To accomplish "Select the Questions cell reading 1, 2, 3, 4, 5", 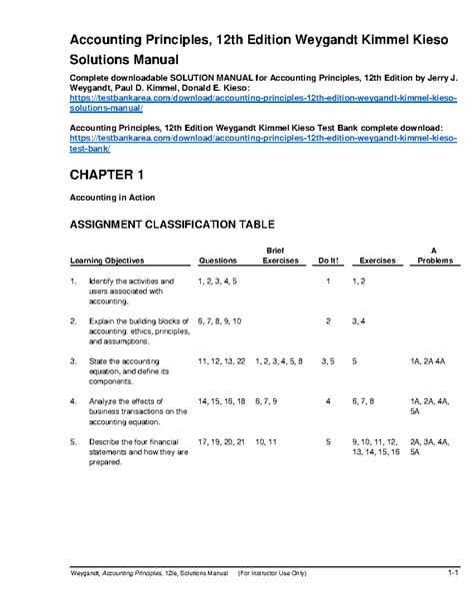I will (x=218, y=283).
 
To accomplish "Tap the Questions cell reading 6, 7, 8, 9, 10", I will (x=220, y=320).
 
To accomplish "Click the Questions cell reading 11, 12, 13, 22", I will (x=221, y=359).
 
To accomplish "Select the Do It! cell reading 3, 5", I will (x=328, y=359).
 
